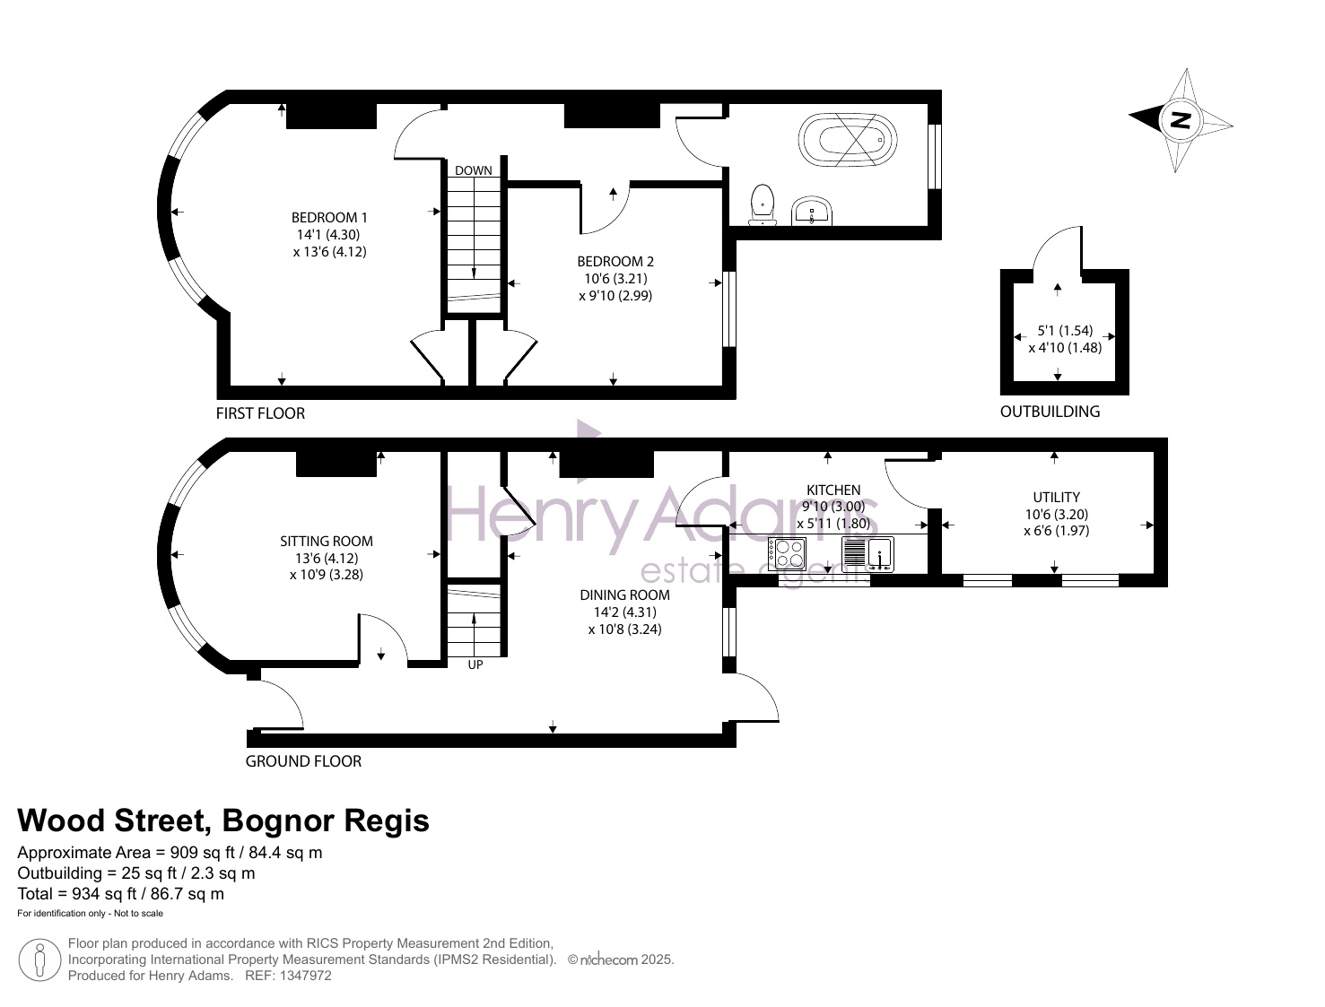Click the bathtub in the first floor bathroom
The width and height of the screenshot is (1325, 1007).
tap(847, 140)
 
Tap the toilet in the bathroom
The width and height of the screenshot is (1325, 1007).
tap(763, 205)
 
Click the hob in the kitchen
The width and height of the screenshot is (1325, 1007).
tap(787, 554)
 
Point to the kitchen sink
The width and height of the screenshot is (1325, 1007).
tap(867, 554)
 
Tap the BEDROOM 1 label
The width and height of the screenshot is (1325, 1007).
tap(329, 217)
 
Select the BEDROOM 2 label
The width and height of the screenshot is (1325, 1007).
tap(615, 261)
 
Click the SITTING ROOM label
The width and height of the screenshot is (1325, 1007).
tap(326, 542)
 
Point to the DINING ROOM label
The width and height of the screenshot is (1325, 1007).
tap(624, 595)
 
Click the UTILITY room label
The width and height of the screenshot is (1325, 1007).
tap(1057, 497)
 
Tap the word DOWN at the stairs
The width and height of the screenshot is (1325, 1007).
tap(474, 170)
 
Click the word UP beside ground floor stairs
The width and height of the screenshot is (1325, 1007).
tap(475, 664)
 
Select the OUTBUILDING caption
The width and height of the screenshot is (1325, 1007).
tap(1050, 412)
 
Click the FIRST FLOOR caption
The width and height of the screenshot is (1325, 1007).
tap(260, 413)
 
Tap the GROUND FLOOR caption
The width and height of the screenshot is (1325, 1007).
tap(303, 761)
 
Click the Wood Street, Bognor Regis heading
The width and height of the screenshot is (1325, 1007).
tap(222, 820)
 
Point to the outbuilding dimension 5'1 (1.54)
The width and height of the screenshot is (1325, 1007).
tap(1065, 331)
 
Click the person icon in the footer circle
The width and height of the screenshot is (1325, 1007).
tap(39, 960)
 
